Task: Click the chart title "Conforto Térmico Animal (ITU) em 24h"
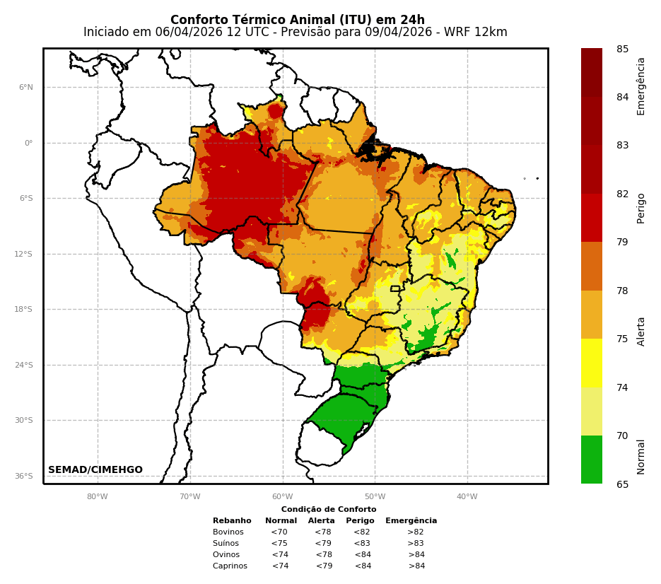click(298, 20)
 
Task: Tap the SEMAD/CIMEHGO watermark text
click(95, 470)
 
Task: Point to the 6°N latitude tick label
click(26, 88)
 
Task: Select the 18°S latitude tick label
click(25, 310)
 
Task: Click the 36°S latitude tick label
click(25, 477)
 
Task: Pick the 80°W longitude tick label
click(98, 496)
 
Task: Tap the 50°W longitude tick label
click(375, 496)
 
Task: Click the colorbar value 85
click(622, 49)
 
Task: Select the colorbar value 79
click(622, 243)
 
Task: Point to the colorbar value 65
click(622, 484)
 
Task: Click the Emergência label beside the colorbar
click(641, 86)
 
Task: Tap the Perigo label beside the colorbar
click(641, 209)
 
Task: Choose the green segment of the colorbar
click(592, 460)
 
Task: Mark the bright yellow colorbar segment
click(592, 363)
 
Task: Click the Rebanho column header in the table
click(232, 521)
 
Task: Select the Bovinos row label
click(228, 532)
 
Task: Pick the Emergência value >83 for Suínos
click(416, 544)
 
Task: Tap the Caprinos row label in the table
click(230, 566)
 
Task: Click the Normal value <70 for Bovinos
click(279, 532)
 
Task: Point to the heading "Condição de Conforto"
click(329, 510)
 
